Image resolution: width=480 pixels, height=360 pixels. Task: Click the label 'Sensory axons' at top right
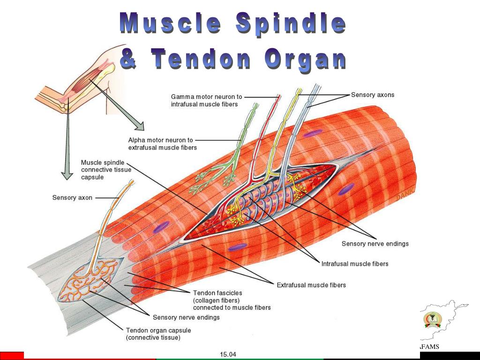click(372, 95)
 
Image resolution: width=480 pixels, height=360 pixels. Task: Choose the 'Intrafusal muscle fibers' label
click(354, 264)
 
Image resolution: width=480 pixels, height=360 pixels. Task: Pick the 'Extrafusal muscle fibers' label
click(311, 285)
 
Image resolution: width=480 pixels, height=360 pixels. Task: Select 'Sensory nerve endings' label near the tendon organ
click(186, 317)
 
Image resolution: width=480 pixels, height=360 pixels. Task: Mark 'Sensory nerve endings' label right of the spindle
click(375, 244)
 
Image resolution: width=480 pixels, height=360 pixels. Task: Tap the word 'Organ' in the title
click(305, 60)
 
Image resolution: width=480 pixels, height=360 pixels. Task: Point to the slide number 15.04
click(228, 354)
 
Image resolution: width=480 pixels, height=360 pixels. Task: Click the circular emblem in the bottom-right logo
click(432, 320)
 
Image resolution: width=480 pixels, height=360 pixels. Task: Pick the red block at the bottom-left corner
click(12, 356)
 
